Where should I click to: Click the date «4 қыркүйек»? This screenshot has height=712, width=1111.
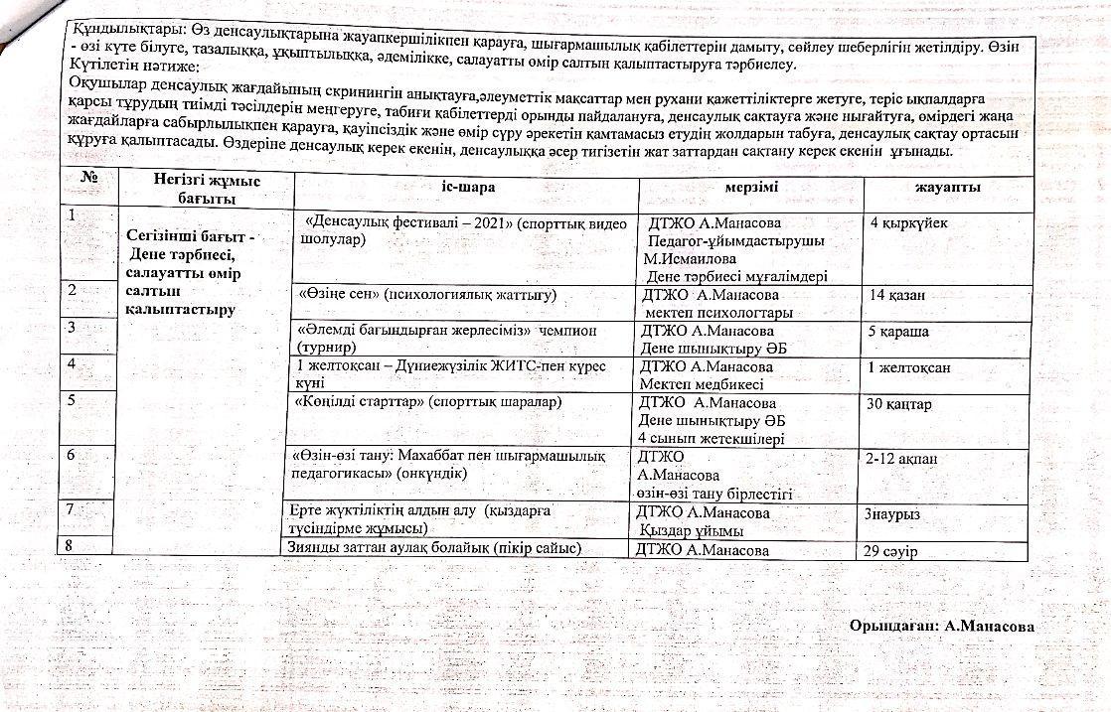908,223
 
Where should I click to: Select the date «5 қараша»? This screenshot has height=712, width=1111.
898,331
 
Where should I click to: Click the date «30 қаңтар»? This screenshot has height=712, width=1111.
899,404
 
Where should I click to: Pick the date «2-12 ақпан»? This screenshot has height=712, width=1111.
901,459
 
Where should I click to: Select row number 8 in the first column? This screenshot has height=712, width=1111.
68,543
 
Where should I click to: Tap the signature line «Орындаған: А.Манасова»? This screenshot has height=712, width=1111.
942,626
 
